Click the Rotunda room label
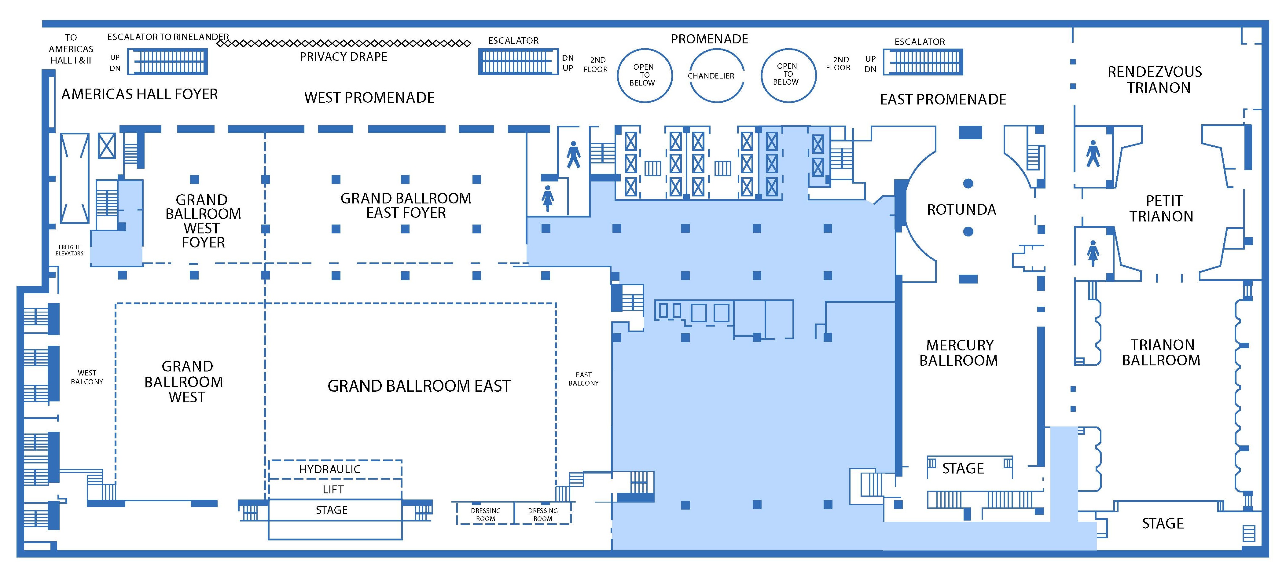tap(961, 210)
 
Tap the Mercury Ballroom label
tap(958, 353)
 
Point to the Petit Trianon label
tap(1161, 209)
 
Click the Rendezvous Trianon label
tap(1155, 80)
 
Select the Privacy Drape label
tap(344, 57)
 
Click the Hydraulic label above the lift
tap(329, 470)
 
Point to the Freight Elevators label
tap(69, 250)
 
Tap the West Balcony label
tap(87, 377)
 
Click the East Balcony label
tap(583, 379)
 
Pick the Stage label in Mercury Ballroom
tap(962, 469)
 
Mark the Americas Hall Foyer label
tap(140, 94)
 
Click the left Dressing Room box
tap(485, 514)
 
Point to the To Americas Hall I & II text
tap(71, 49)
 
